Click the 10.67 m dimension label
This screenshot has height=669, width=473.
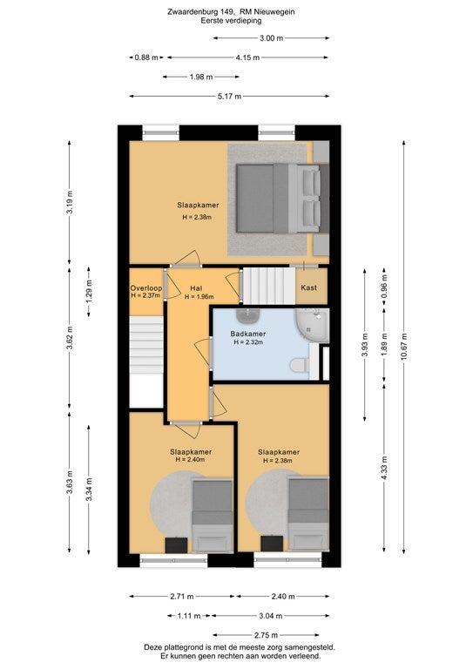pos(404,347)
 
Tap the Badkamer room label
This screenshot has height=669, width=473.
pos(247,334)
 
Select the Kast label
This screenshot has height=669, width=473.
pos(308,287)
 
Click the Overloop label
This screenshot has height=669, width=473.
pos(146,288)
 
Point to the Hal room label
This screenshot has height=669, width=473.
pos(196,288)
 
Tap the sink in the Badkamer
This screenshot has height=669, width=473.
pos(248,315)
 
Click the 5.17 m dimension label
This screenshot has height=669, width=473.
pos(229,97)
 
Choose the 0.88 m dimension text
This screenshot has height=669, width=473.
pos(146,57)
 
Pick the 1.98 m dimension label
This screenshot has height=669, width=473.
pos(201,78)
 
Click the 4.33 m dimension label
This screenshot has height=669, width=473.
pos(385,468)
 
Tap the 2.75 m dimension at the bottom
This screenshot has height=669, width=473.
pos(267,635)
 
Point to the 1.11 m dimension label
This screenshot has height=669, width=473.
pos(189,616)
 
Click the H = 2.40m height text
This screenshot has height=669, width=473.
pos(190,460)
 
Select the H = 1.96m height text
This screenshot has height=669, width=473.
pos(199,296)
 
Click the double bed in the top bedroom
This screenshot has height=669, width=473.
pos(283,199)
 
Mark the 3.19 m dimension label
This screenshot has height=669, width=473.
pos(70,203)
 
